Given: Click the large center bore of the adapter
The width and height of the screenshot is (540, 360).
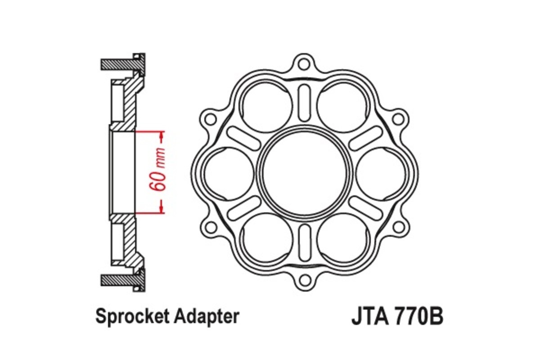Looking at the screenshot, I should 305,172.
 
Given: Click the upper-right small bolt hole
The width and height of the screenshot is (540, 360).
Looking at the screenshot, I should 398,119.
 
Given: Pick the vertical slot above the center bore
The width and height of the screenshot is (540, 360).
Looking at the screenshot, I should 305,103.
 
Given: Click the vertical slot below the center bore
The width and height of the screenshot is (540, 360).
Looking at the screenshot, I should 305,242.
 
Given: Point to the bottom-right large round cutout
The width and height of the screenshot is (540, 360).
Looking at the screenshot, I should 343,239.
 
